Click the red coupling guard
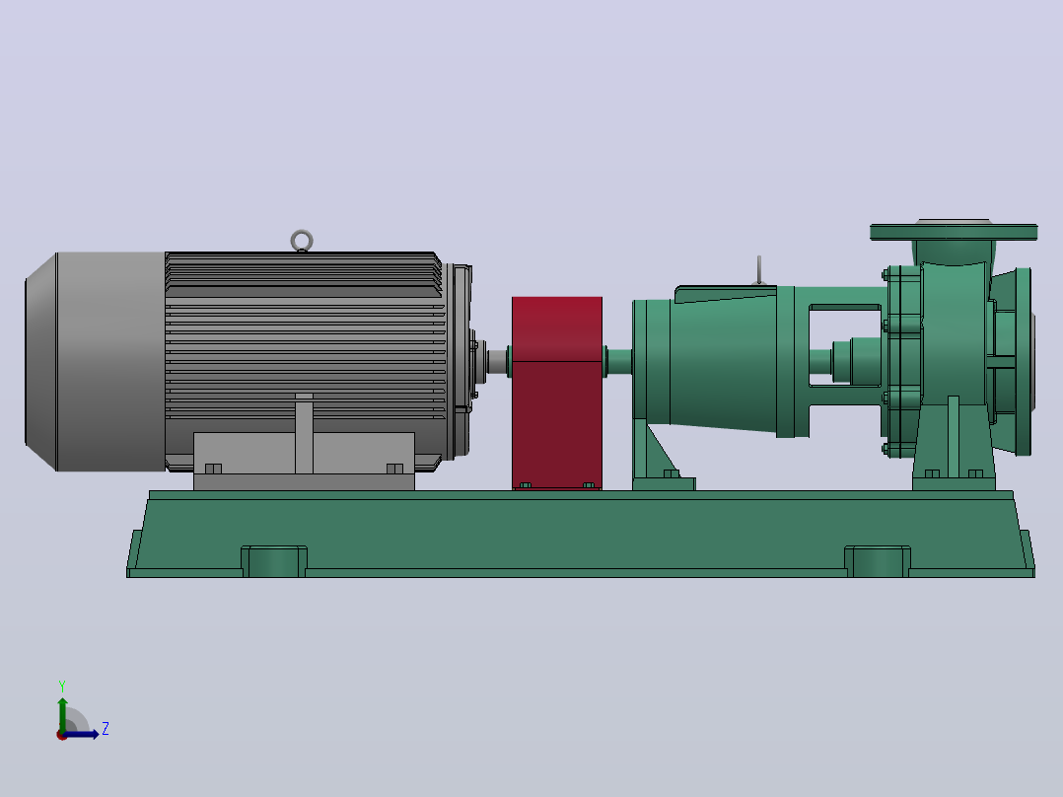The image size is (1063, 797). click(557, 393)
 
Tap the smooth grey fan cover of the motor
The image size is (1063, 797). click(95, 362)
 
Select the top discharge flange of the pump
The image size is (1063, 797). click(954, 232)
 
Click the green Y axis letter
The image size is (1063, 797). click(62, 687)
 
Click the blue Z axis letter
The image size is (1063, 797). click(106, 729)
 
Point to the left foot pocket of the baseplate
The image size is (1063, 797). click(274, 561)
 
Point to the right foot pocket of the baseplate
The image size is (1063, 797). click(878, 561)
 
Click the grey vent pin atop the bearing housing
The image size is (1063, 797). click(759, 270)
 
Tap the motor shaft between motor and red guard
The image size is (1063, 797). click(498, 362)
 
